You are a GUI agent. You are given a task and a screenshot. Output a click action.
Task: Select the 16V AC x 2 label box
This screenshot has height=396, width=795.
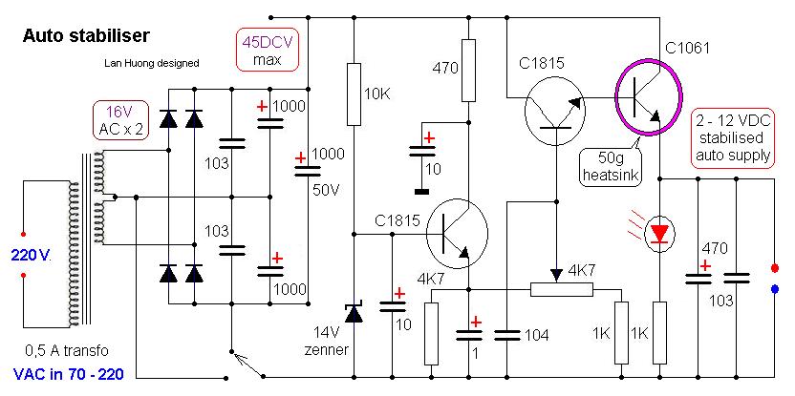(x=120, y=120)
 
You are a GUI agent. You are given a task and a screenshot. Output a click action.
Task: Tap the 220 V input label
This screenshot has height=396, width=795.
(x=31, y=255)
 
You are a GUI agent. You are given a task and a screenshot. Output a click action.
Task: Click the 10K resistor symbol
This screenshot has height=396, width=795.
(x=354, y=94)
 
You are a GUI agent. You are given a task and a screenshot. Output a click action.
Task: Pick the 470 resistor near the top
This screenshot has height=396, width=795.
(x=468, y=71)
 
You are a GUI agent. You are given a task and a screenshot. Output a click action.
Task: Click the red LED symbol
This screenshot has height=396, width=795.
(x=660, y=232)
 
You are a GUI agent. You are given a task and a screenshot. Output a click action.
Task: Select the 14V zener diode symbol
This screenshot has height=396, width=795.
(x=354, y=311)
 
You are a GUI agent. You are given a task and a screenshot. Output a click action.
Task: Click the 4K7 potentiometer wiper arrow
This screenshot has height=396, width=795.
(x=555, y=273)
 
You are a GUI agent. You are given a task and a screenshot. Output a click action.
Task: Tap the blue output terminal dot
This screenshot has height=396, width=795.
(x=774, y=287)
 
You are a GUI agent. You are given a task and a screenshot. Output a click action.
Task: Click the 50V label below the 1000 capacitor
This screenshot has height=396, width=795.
(x=327, y=189)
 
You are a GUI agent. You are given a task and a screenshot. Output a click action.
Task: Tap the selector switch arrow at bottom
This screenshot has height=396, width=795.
(x=247, y=363)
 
